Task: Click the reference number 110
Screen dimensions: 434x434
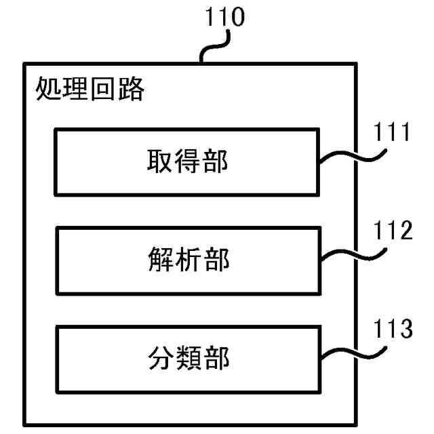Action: pyautogui.click(x=224, y=18)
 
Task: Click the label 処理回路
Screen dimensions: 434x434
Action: pyautogui.click(x=90, y=88)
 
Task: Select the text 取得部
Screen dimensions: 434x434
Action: pyautogui.click(x=187, y=161)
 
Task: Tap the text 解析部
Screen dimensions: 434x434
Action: pyautogui.click(x=187, y=260)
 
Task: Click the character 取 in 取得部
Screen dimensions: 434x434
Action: pyautogui.click(x=159, y=161)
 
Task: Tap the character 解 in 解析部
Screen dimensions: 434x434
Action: pyautogui.click(x=159, y=260)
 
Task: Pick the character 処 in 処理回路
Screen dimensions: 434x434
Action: pyautogui.click(x=48, y=88)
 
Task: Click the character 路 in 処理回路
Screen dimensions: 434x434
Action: pyautogui.click(x=131, y=88)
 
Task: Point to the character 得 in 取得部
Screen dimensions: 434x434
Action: pyautogui.click(x=187, y=161)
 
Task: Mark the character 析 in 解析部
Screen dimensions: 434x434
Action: pyautogui.click(x=187, y=260)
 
